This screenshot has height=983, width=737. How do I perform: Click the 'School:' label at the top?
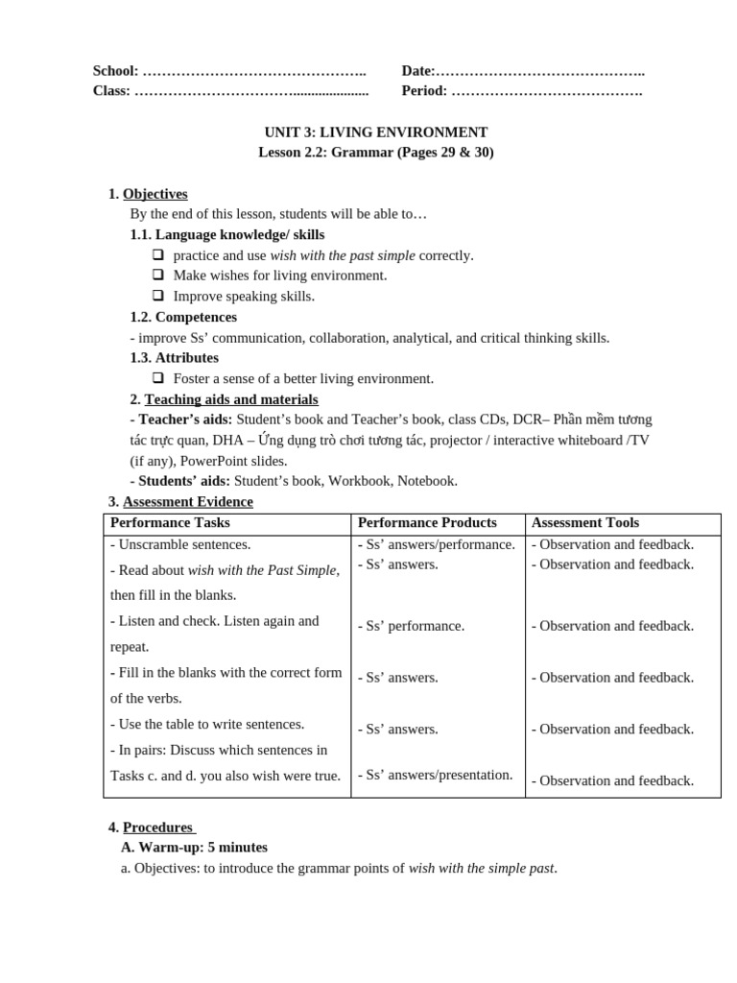coord(115,71)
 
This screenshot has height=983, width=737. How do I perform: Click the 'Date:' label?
coord(417,71)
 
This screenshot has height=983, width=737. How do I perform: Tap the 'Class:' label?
coord(111,91)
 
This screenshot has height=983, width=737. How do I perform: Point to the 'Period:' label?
coord(424,91)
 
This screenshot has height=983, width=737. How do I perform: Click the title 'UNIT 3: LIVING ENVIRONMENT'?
coord(376,132)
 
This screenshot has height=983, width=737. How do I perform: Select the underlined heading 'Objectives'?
coord(155,194)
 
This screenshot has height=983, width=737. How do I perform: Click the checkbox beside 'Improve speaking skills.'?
coord(158,296)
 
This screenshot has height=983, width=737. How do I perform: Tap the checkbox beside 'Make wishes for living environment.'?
coord(158,276)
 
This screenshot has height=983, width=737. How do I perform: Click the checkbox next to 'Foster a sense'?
coord(158,378)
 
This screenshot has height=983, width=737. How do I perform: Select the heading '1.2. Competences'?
coord(183,317)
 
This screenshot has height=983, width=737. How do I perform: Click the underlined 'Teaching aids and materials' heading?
coord(230,399)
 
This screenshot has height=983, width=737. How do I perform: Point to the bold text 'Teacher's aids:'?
coord(181,420)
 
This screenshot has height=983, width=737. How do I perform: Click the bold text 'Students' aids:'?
coord(180,481)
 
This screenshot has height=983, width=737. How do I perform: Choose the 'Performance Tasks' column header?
coord(170,523)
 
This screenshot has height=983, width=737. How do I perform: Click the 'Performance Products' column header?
coord(427,523)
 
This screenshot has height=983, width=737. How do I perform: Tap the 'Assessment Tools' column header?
coord(584,523)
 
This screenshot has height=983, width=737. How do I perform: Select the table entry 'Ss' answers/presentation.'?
coord(435,775)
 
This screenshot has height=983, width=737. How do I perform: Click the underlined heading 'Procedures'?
coord(157,827)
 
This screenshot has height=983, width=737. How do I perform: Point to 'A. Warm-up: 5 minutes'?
coord(194,848)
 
